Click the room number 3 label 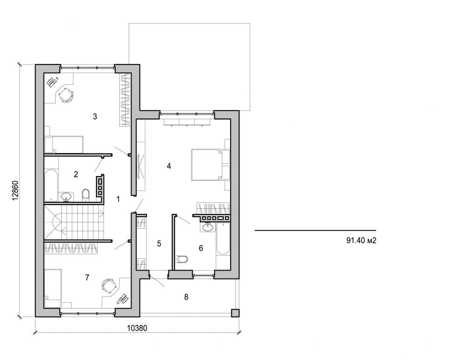coord(95,117)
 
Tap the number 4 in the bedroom coord(169,166)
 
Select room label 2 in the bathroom coord(76,175)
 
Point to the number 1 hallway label coord(118,199)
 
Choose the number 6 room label coord(201,248)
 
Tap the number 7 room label coord(87,278)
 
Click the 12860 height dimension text coord(15,191)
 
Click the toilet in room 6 coord(183,259)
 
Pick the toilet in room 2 coord(85,194)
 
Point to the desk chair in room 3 coord(66,95)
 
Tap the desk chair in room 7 coord(108,285)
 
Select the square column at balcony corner coord(235,313)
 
